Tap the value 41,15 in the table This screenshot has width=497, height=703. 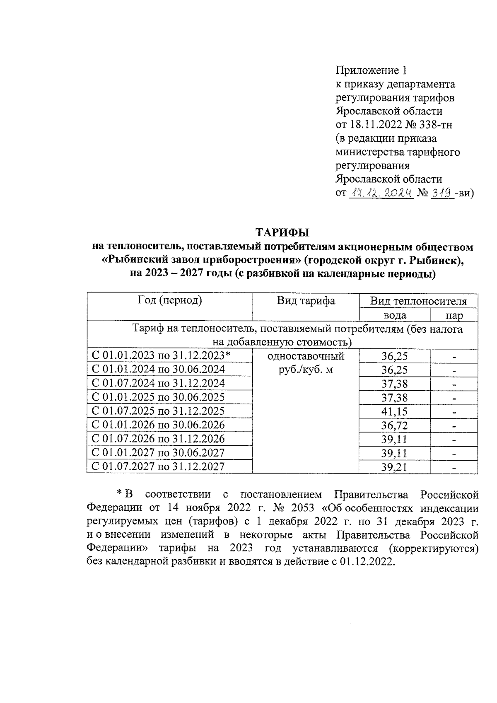point(394,411)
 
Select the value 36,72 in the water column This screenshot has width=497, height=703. point(394,425)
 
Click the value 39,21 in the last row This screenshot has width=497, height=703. point(394,467)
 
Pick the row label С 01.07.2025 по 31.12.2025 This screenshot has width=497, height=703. point(158,411)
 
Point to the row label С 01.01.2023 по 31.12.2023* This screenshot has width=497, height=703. point(161,355)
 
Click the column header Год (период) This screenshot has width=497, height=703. point(170,300)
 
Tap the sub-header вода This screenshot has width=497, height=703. point(394,316)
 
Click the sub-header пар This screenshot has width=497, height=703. point(454,316)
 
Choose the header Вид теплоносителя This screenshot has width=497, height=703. point(418,301)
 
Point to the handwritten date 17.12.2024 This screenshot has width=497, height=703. point(381,193)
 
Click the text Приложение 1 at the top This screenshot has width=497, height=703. point(372,70)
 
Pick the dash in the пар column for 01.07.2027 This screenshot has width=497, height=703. point(454,468)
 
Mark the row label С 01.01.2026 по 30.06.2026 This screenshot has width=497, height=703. point(158,425)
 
